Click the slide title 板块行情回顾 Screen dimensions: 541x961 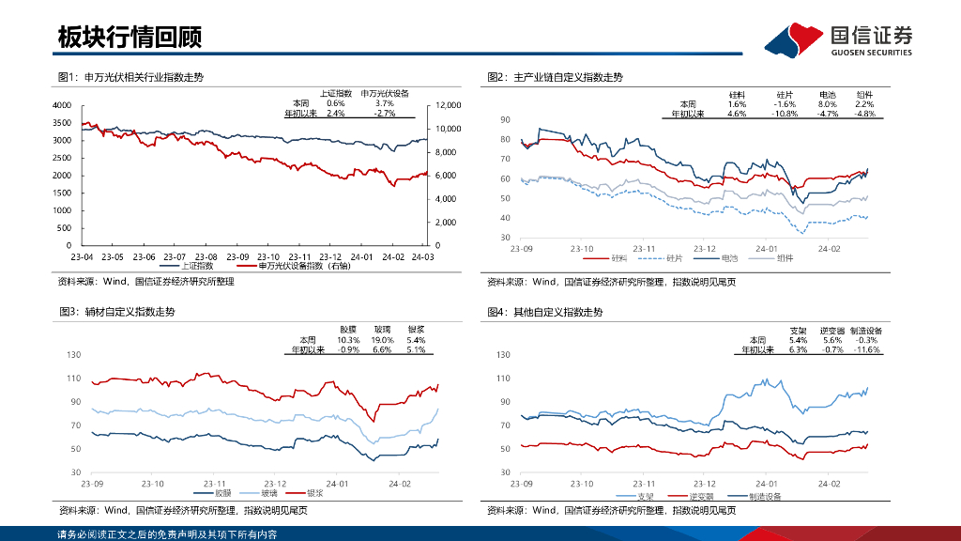130,38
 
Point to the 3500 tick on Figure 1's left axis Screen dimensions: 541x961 62,123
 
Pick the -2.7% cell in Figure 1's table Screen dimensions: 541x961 384,113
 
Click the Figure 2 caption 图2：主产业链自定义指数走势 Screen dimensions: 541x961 555,77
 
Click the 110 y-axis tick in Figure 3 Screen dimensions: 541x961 73,379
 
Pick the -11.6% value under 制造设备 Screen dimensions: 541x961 865,349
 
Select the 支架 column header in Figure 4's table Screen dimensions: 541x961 798,331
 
